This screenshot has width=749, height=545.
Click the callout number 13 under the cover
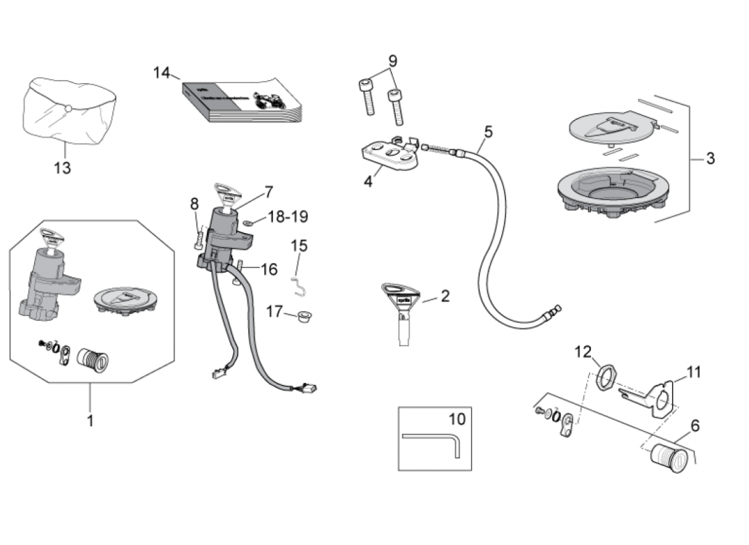coord(62,168)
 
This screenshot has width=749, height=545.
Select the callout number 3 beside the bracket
coord(710,159)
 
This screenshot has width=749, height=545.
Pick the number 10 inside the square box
coord(456,418)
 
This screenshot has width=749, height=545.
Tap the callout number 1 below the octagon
coord(90,420)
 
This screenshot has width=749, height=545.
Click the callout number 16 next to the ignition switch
coord(269,269)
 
